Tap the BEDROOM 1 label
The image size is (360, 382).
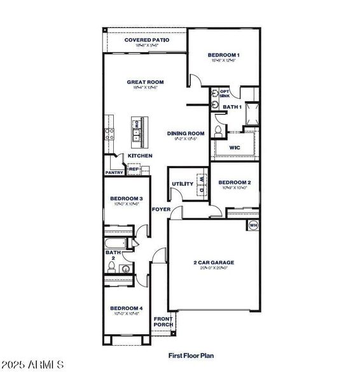(x=224, y=55)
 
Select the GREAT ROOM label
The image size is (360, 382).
(x=145, y=82)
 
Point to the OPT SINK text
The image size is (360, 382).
(x=225, y=93)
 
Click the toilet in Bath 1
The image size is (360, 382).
(x=218, y=131)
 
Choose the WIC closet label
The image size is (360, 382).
(x=234, y=146)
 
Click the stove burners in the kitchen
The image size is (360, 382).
(x=109, y=134)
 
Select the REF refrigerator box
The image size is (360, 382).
(x=134, y=169)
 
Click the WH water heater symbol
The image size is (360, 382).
(x=253, y=225)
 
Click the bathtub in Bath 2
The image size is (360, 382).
(x=118, y=244)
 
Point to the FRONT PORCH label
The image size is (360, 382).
(x=163, y=322)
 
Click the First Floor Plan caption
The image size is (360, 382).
(x=191, y=356)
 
